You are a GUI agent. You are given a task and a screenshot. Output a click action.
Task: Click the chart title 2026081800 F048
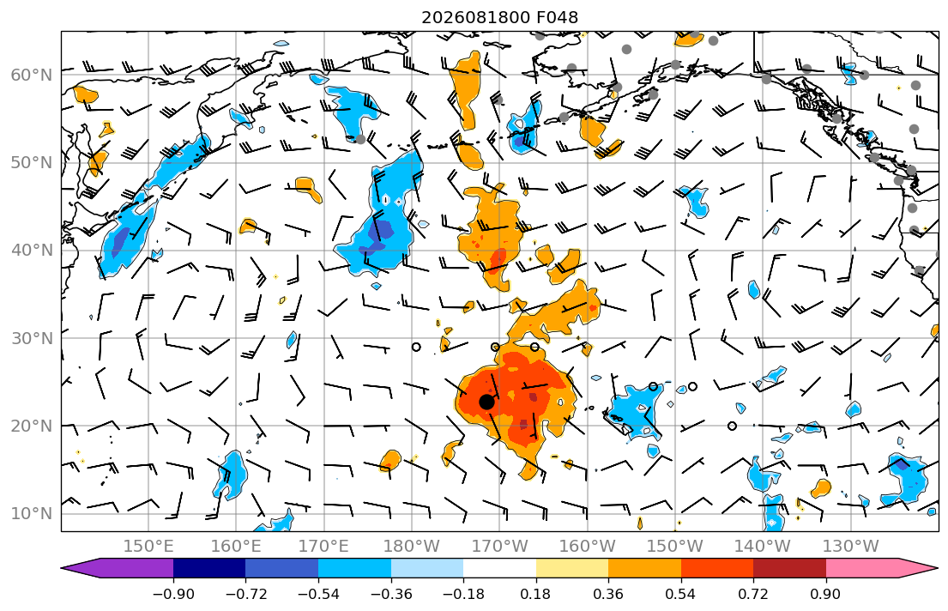click(499, 17)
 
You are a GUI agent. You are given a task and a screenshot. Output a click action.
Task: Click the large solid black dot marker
click(486, 402)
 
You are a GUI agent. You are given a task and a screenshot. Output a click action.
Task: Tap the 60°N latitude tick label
click(32, 75)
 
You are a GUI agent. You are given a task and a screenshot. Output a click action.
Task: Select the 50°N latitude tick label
click(32, 163)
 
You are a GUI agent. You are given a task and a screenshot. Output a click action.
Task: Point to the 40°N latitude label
click(32, 251)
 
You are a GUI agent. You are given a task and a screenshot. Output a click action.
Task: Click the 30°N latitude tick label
click(32, 338)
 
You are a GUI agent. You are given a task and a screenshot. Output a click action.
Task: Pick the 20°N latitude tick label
click(32, 426)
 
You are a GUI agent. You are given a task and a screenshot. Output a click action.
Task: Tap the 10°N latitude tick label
click(32, 514)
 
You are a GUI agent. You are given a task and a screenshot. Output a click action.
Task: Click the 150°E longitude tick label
click(148, 547)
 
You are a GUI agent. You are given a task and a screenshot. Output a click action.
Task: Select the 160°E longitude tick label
click(237, 547)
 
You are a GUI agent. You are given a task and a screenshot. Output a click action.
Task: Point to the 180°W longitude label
click(412, 547)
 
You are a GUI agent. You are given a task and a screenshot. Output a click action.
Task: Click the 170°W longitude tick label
click(499, 547)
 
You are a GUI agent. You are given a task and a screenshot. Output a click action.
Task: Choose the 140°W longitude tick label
click(763, 547)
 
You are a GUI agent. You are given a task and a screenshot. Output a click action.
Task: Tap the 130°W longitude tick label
click(850, 547)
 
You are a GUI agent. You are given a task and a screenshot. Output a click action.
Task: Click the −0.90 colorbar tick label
click(173, 594)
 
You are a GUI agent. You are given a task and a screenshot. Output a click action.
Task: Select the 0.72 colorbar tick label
click(753, 594)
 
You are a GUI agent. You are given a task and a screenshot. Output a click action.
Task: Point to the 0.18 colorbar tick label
click(535, 594)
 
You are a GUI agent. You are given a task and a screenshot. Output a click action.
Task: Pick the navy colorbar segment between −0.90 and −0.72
click(210, 568)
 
